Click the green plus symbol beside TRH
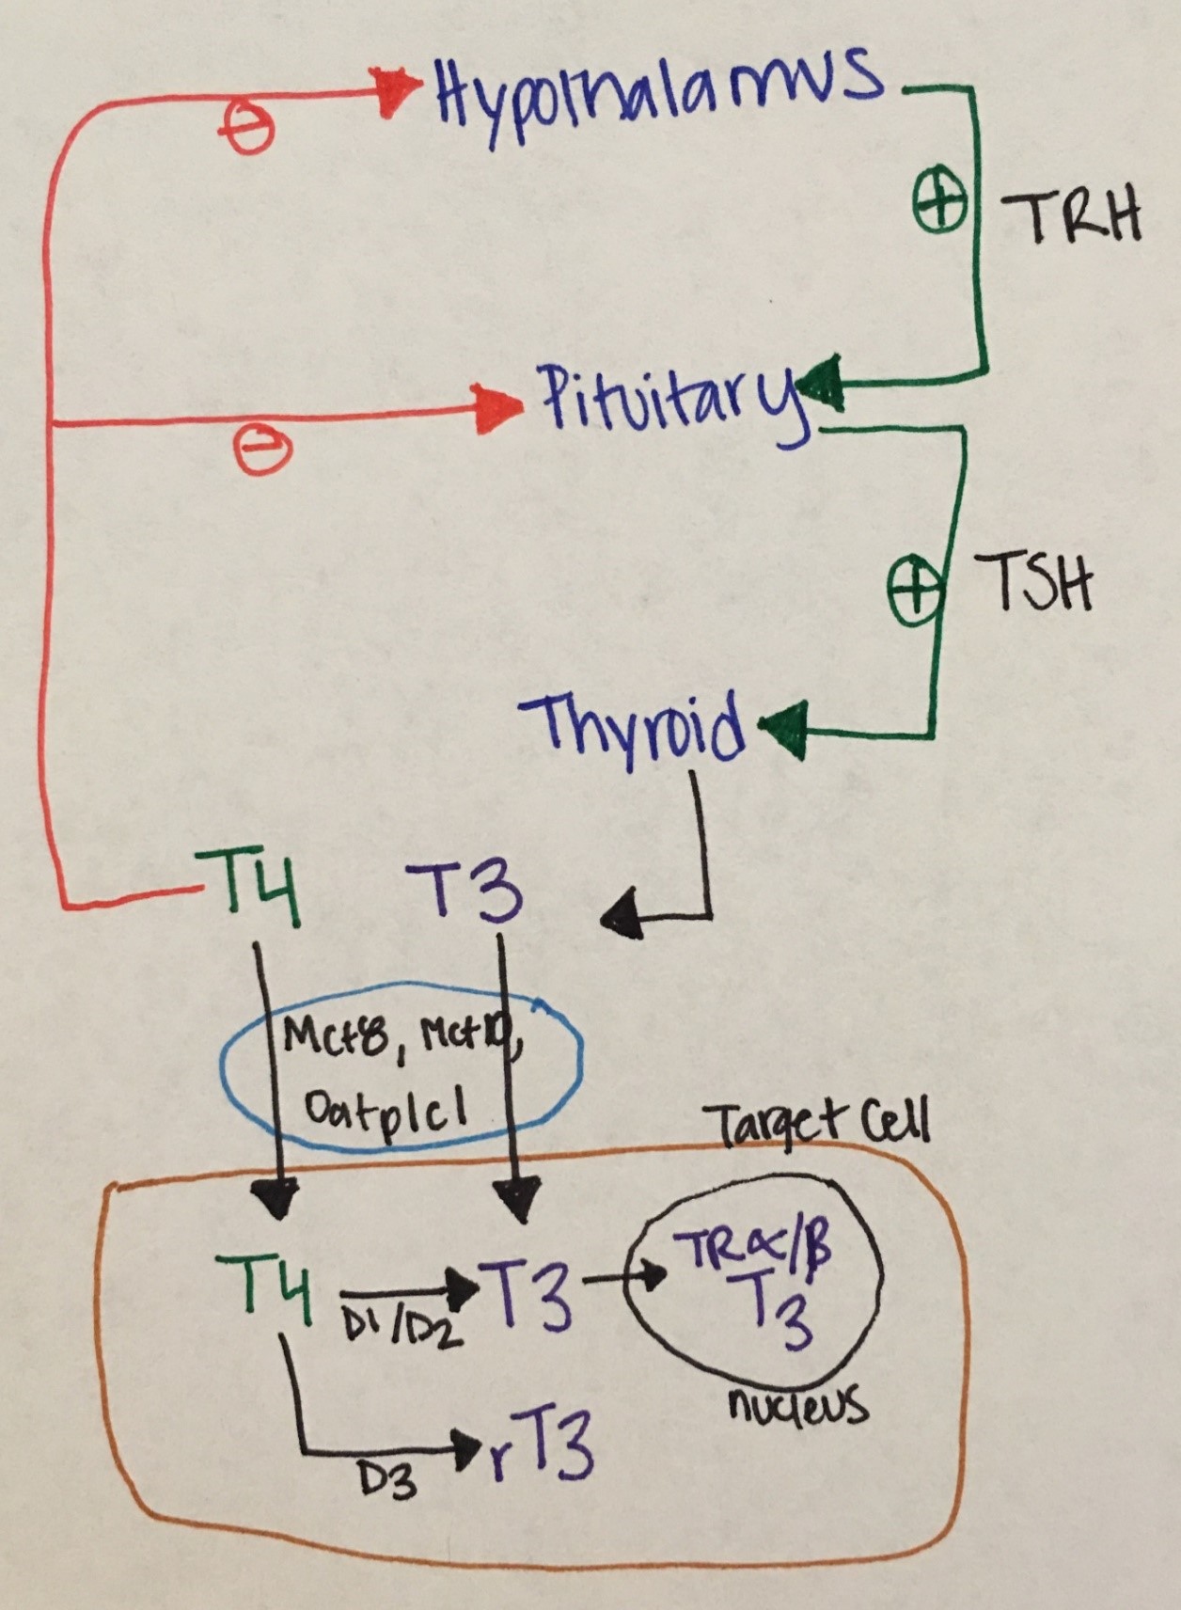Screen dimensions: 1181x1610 point(940,203)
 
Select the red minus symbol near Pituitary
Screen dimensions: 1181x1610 point(262,450)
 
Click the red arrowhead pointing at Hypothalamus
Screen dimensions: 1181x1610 point(397,91)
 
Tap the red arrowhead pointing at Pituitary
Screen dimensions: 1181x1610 point(499,409)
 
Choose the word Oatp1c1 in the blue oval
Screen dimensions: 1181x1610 point(386,1111)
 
